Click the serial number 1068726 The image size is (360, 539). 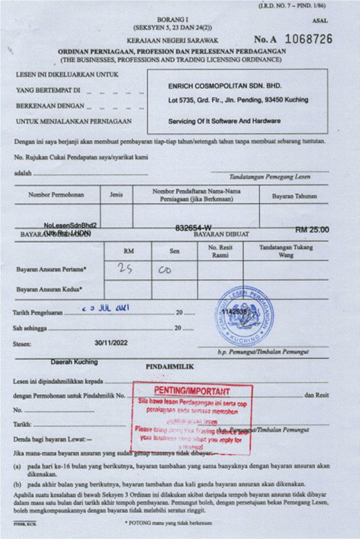pos(309,39)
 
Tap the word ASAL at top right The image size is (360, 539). pos(320,21)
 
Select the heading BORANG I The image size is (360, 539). pos(172,19)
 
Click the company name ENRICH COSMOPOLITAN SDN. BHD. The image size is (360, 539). pos(225,86)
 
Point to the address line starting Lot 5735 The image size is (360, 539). pos(238,100)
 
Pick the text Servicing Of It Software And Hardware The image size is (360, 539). pos(224,121)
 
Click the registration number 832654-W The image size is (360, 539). pos(193,228)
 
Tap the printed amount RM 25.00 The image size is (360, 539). pos(312,229)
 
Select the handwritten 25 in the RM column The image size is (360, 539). pos(125,269)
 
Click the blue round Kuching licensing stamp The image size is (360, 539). pos(244,316)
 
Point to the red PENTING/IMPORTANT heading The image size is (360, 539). pos(192,391)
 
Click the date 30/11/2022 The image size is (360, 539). pos(111,342)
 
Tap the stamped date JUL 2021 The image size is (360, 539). pos(104,308)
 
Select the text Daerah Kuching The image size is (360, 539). pos(74,361)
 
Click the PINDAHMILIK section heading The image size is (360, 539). pos(170,367)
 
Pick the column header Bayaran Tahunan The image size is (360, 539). pos(294,196)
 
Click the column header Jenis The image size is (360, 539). pos(116,194)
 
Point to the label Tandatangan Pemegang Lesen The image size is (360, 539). pos(270,177)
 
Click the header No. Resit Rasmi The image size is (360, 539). pos(220,251)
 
